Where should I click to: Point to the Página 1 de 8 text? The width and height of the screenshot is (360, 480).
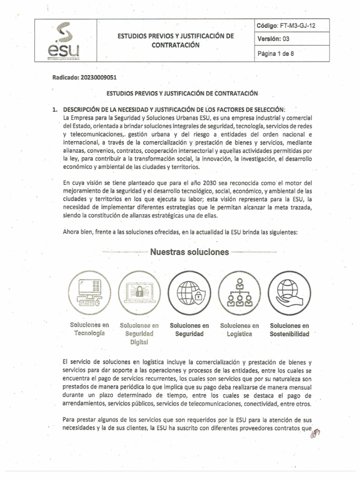click(276, 53)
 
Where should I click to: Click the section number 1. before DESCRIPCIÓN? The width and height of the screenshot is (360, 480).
click(56, 110)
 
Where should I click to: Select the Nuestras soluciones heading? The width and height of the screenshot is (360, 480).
click(189, 253)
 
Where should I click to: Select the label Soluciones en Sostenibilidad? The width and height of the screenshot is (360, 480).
click(290, 330)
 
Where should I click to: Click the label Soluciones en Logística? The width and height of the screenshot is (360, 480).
click(240, 330)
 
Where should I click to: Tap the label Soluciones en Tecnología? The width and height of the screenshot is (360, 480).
click(89, 330)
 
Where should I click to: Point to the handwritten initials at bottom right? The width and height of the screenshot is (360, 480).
click(316, 436)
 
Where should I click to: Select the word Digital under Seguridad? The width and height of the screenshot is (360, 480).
click(139, 342)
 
